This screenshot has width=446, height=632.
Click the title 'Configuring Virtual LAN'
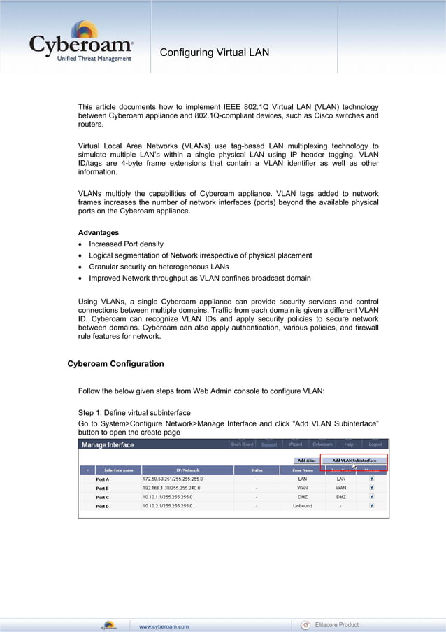click(214, 52)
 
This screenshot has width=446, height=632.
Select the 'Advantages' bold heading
click(98, 232)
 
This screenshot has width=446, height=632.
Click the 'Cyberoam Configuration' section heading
click(115, 364)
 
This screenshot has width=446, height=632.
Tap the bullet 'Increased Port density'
click(126, 244)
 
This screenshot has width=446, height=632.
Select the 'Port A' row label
click(102, 479)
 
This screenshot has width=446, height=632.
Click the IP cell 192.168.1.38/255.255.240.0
click(172, 488)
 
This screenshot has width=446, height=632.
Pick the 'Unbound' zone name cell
click(303, 506)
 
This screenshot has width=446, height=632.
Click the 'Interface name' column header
click(118, 470)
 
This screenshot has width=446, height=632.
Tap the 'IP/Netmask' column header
click(187, 470)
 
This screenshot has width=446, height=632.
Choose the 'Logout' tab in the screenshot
click(375, 444)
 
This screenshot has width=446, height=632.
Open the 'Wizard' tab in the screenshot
click(295, 444)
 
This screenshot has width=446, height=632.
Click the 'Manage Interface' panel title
click(108, 445)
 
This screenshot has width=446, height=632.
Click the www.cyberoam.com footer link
click(164, 626)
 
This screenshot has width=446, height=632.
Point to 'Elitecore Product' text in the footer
click(336, 625)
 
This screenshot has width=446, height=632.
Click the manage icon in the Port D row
click(371, 506)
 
